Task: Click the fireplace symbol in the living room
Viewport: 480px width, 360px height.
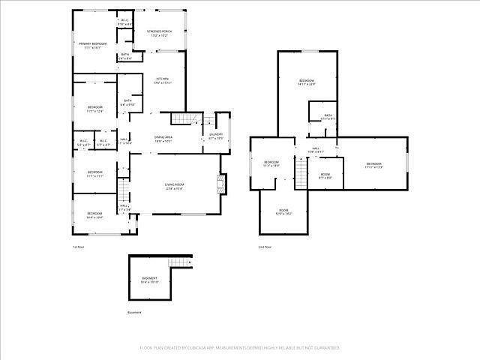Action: (x=220, y=184)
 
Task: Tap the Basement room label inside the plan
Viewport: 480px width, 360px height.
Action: (x=149, y=280)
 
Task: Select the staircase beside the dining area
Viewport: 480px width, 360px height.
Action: (x=182, y=118)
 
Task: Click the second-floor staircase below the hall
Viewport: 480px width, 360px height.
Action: (x=301, y=175)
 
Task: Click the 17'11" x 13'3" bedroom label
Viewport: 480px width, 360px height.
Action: (x=374, y=165)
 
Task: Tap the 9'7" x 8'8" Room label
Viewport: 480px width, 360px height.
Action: (x=325, y=176)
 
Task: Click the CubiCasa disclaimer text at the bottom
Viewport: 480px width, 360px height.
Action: (x=240, y=348)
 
